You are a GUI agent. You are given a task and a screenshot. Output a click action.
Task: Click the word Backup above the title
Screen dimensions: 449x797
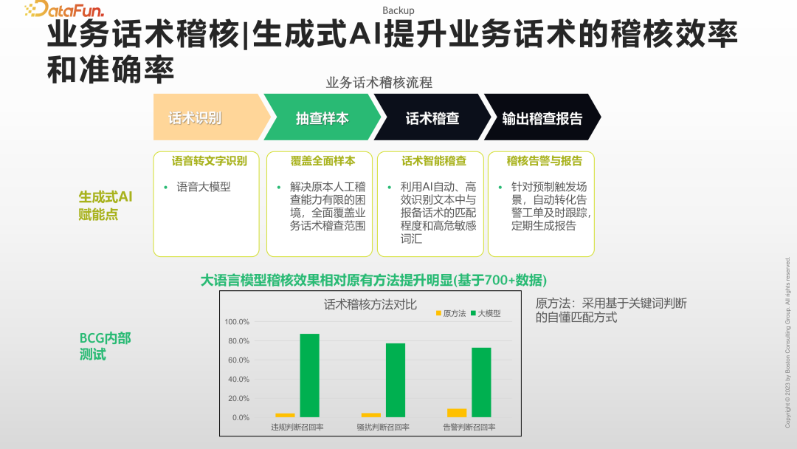point(398,10)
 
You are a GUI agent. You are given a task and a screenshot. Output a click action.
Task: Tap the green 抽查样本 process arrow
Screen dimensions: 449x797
point(322,117)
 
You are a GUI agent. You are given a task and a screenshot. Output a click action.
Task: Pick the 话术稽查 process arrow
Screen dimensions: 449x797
point(432,117)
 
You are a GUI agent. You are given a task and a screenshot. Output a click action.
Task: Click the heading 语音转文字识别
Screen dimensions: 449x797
point(210,160)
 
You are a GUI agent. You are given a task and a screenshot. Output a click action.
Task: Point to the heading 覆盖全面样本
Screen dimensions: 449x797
point(322,160)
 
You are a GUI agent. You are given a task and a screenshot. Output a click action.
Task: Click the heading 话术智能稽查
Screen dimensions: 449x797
point(433,160)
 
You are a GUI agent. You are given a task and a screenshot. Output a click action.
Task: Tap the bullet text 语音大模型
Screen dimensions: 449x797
point(204,187)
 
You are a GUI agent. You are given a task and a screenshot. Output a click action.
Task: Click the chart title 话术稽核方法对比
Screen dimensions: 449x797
point(370,304)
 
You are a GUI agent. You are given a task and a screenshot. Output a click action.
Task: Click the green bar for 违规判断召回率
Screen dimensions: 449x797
point(309,375)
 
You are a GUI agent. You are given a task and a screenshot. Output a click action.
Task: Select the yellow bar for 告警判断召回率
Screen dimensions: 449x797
point(457,413)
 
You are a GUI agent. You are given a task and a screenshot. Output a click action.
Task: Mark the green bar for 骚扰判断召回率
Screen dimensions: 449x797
point(396,380)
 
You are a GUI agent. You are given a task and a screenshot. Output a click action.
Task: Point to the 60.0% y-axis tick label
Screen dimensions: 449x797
point(236,360)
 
